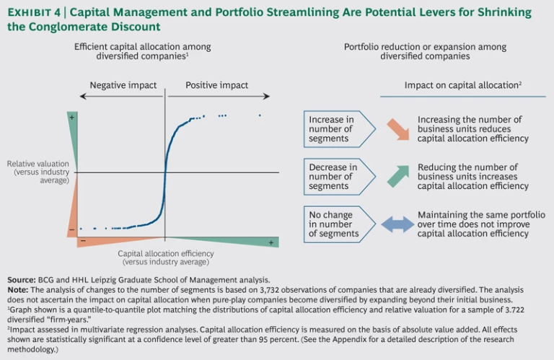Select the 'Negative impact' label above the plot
[123, 85]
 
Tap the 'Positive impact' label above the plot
[216, 85]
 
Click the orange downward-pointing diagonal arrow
[397, 128]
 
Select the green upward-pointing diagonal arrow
[397, 176]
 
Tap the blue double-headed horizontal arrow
[397, 224]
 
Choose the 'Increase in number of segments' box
[336, 128]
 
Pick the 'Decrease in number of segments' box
[336, 176]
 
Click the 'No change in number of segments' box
[336, 224]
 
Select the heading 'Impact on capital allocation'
[462, 85]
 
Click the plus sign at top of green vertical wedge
[72, 116]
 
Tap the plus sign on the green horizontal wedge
[271, 242]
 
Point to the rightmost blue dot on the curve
[260, 115]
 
